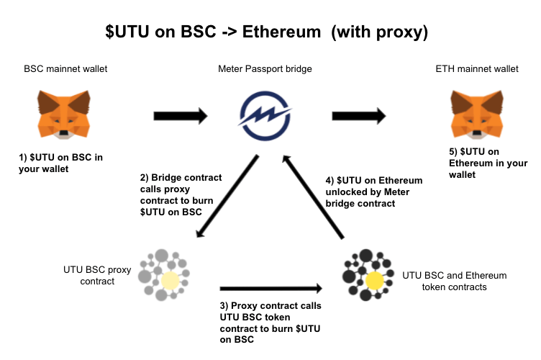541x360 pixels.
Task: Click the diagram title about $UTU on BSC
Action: (x=270, y=33)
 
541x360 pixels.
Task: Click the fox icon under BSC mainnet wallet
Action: (x=65, y=114)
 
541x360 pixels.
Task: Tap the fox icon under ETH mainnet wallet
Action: (x=475, y=114)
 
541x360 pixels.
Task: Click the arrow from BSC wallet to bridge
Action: (x=181, y=115)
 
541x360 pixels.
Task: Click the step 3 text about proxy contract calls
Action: (x=270, y=323)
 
